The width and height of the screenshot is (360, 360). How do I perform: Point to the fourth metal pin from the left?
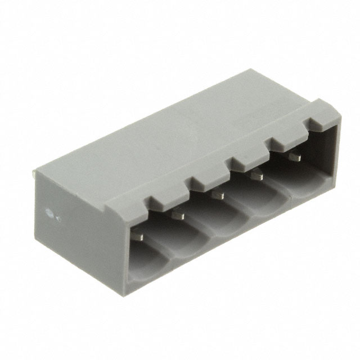(x=257, y=177)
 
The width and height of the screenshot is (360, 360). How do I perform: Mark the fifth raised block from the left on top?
(x=282, y=144)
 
